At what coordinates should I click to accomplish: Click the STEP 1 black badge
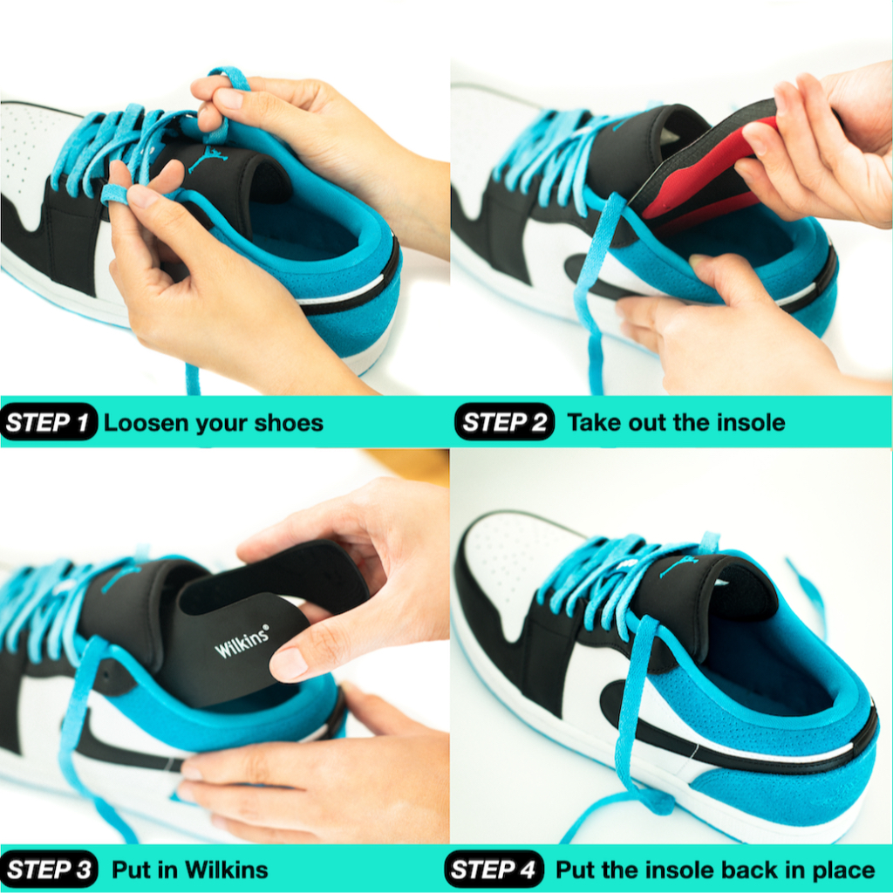(x=49, y=422)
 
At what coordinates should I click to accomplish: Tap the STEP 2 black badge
(x=505, y=421)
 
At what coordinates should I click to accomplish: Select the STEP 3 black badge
(x=49, y=869)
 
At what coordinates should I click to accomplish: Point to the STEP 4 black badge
(x=494, y=869)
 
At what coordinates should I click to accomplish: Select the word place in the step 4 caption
(x=843, y=871)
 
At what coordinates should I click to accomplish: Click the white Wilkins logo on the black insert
(x=242, y=641)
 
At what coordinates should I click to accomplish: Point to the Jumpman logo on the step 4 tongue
(x=678, y=565)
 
